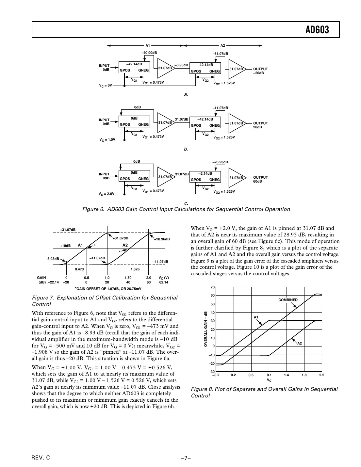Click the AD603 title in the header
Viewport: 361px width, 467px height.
coord(317,30)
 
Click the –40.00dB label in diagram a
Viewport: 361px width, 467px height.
coord(149,53)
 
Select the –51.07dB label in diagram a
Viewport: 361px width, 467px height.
coord(220,54)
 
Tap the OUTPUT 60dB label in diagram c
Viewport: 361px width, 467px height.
coord(260,179)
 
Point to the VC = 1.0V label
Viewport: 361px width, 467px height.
coord(107,139)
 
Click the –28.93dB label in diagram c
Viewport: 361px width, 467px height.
coord(220,162)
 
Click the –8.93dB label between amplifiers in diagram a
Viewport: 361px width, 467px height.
coord(181,65)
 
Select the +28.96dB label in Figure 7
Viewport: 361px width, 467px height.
coord(162,239)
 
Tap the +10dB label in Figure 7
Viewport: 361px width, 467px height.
coord(65,246)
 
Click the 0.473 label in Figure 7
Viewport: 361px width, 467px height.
coord(79,269)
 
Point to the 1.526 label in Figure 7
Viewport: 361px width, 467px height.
coord(135,269)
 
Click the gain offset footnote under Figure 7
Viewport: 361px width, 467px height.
coord(108,289)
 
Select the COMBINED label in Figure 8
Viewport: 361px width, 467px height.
coord(288,300)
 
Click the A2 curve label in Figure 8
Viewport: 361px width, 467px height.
coord(299,343)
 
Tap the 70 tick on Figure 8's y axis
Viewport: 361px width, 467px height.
coord(212,287)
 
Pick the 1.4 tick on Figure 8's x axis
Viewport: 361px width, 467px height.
coord(286,375)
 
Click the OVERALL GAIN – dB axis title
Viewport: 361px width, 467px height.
coord(206,329)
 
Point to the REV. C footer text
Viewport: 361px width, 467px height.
coord(41,458)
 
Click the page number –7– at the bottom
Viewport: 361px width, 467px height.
coord(186,458)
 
